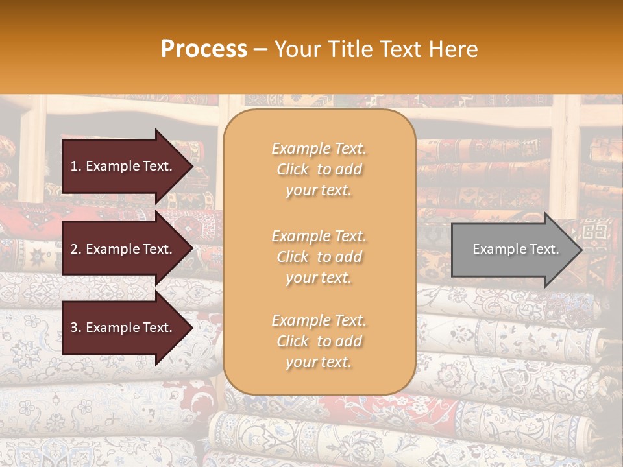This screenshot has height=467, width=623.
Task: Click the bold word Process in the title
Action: click(x=204, y=49)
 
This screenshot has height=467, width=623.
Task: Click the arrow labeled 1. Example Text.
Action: click(x=123, y=166)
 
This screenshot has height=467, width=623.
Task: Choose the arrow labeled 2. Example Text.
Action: click(x=123, y=249)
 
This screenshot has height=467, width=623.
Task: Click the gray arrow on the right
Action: click(x=513, y=250)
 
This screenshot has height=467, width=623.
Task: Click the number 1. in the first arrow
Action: click(x=76, y=166)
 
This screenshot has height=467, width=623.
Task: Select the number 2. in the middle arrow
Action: click(x=76, y=249)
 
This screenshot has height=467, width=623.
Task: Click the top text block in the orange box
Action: click(x=319, y=169)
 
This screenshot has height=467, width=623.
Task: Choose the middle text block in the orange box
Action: click(x=319, y=257)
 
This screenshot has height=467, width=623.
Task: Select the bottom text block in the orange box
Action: click(x=319, y=341)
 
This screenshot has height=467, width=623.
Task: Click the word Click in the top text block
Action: click(x=293, y=170)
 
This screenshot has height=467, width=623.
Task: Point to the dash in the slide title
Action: click(x=260, y=49)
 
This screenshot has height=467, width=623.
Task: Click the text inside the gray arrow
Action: click(x=515, y=250)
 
